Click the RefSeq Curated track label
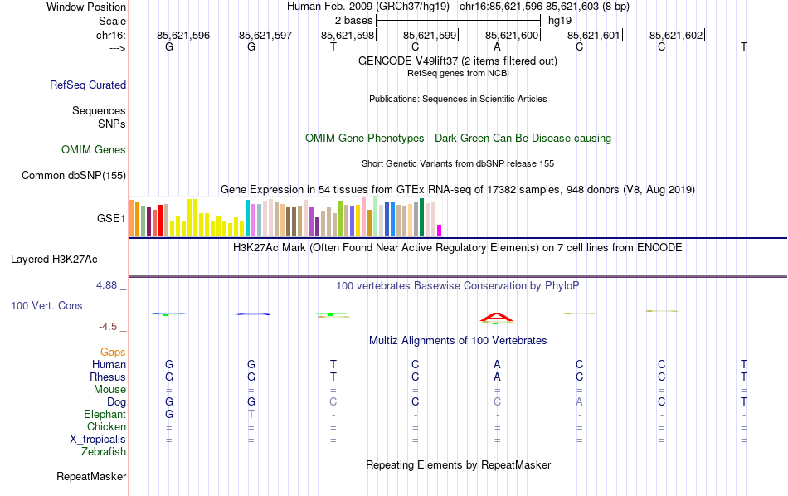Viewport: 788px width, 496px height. pyautogui.click(x=88, y=85)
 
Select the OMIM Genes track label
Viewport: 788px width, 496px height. pyautogui.click(x=94, y=150)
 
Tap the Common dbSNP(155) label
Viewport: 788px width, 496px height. pyautogui.click(x=74, y=175)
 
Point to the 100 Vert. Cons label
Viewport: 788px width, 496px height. pyautogui.click(x=46, y=306)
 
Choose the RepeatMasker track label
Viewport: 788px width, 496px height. pyautogui.click(x=91, y=477)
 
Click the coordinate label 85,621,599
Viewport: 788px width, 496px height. pyautogui.click(x=430, y=35)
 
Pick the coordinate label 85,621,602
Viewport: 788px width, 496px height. pyautogui.click(x=676, y=35)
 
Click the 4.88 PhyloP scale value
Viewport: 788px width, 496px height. pyautogui.click(x=109, y=285)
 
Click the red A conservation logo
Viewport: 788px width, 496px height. pyautogui.click(x=497, y=317)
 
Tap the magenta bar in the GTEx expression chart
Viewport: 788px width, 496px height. pyautogui.click(x=440, y=231)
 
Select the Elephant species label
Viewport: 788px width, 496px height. pyautogui.click(x=105, y=415)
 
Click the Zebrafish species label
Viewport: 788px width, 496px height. pyautogui.click(x=104, y=452)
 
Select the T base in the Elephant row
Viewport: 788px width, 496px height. pyautogui.click(x=251, y=415)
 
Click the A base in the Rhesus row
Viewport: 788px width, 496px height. pyautogui.click(x=497, y=377)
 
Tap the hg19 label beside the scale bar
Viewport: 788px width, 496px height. pyautogui.click(x=560, y=20)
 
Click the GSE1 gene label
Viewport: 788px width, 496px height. pyautogui.click(x=111, y=219)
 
